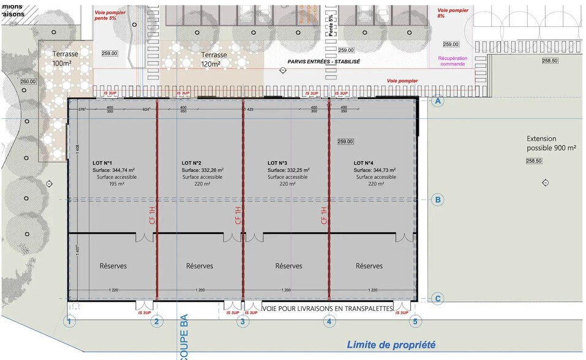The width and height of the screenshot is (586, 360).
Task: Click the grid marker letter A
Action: [437, 102]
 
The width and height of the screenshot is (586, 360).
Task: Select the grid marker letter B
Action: [437, 200]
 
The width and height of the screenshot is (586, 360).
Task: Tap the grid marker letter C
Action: [437, 299]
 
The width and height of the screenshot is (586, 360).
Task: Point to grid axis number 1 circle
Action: [70, 321]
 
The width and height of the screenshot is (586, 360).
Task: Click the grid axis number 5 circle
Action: [416, 321]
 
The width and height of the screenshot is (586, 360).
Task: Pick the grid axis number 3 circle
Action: [243, 321]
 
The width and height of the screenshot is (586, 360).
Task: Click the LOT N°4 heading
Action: [363, 163]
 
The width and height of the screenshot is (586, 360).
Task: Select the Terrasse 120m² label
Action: [214, 59]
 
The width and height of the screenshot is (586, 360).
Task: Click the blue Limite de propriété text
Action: [391, 345]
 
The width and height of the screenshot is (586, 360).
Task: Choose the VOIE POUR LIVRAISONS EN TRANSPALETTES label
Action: [327, 309]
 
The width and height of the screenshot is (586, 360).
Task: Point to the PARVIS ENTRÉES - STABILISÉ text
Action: [324, 62]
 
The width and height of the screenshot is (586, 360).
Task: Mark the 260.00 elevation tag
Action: [28, 81]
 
